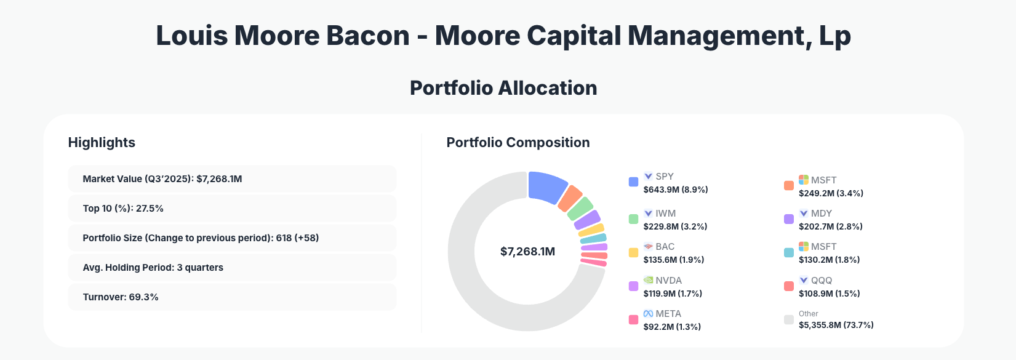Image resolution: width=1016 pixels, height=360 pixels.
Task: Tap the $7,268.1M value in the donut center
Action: coord(527,252)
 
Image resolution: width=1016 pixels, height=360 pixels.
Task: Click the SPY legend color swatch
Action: coord(633,182)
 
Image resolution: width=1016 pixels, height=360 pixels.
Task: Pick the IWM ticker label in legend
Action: coord(665,214)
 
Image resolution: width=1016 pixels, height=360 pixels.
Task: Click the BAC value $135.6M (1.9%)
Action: coord(673,260)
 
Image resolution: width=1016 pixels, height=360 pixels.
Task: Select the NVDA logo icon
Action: coord(648,280)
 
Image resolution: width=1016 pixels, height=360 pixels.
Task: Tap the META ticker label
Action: coord(668,314)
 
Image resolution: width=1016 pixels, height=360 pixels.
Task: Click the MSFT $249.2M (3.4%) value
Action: coord(831,193)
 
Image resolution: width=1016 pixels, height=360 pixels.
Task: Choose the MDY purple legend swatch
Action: coord(788,219)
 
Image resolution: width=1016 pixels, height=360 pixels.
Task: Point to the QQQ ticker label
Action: coord(821,281)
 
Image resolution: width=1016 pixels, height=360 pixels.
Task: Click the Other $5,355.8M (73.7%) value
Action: coord(836,325)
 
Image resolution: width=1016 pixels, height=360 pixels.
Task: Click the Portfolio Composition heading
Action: coord(518,143)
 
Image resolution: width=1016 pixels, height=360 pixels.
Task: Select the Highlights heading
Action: coord(102,143)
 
